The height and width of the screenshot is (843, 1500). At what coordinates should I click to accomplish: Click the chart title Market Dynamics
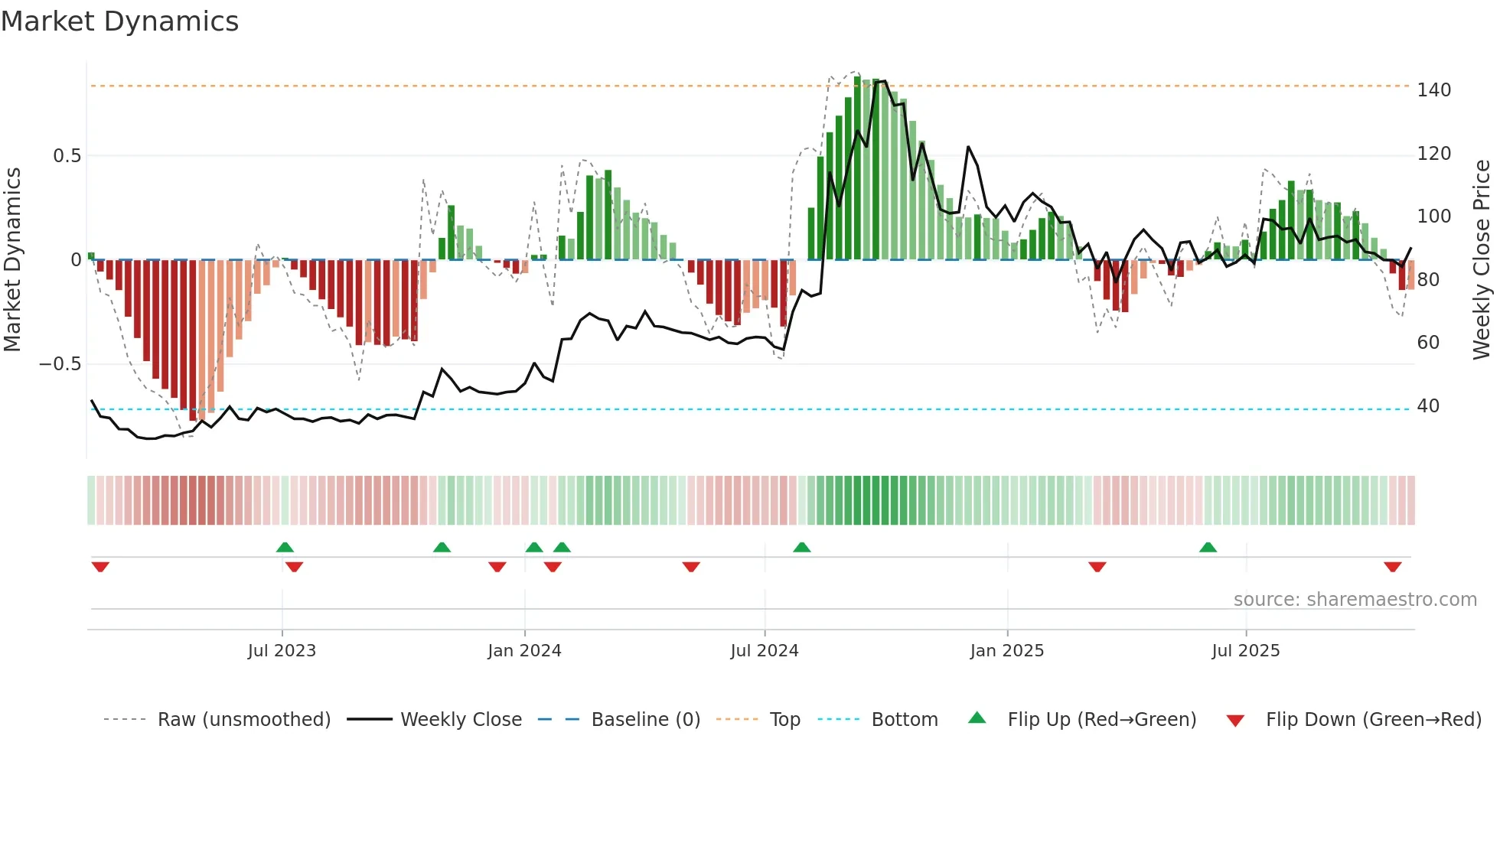click(119, 21)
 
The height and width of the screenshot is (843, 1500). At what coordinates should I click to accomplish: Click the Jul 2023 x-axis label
click(282, 651)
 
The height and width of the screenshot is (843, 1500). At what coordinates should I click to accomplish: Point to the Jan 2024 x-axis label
click(524, 651)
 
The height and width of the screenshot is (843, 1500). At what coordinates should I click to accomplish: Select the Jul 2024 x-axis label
click(764, 651)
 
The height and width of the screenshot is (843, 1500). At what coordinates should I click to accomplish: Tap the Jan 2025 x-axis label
click(1006, 651)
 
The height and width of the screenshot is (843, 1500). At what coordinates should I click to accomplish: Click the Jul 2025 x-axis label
click(1245, 651)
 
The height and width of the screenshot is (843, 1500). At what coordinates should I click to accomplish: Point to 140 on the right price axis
click(1433, 90)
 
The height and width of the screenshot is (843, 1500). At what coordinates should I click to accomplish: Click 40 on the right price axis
click(1428, 406)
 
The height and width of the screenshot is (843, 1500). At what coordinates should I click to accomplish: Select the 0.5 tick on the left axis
click(67, 156)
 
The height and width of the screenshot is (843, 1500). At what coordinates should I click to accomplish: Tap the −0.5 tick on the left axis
click(60, 364)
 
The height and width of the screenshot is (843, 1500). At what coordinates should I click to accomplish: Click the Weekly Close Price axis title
click(1482, 260)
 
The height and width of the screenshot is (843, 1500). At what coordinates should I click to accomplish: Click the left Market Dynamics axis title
click(12, 260)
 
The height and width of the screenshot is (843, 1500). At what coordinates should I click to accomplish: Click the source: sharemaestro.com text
click(1355, 600)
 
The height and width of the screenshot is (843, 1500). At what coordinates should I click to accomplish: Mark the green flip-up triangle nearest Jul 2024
click(801, 548)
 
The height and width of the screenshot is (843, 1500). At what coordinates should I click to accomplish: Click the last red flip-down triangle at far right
click(1392, 567)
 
